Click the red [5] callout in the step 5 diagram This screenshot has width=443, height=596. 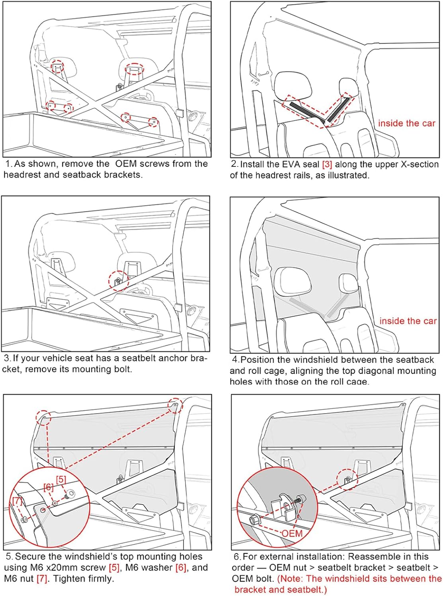(x=61, y=480)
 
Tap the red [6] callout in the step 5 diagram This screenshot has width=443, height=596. (x=48, y=487)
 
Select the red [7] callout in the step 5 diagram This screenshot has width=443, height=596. (x=17, y=501)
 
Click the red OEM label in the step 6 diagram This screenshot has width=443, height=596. (x=293, y=534)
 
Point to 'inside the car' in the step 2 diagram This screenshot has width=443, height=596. (x=407, y=123)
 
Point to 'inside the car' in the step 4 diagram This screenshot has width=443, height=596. (x=408, y=321)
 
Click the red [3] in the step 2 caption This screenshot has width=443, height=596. (x=327, y=164)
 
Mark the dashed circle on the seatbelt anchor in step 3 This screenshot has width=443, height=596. (x=118, y=281)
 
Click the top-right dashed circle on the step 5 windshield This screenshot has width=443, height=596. (x=175, y=405)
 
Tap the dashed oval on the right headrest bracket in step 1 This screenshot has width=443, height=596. (x=135, y=69)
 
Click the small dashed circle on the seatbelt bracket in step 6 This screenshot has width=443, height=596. (x=347, y=480)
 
